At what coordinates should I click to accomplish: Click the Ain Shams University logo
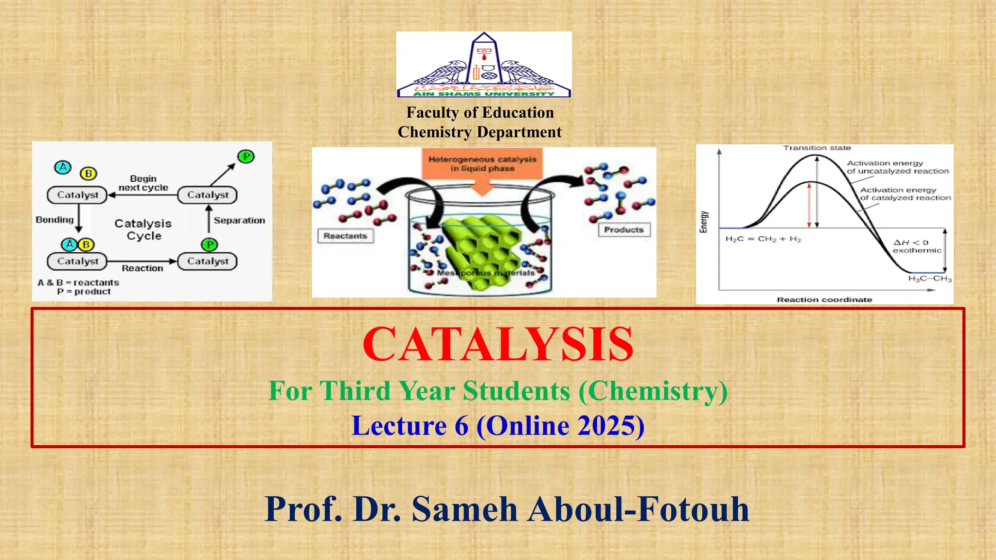coord(484,65)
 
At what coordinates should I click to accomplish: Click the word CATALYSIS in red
coord(498,344)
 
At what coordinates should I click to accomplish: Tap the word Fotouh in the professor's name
coord(694,509)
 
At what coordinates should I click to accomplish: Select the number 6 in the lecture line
coord(462,426)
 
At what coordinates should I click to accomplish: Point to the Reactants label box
coord(345,236)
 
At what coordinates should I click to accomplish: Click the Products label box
coord(623,230)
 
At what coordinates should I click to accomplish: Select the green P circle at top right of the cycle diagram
coord(246,157)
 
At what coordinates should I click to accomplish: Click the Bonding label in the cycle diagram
coord(54,220)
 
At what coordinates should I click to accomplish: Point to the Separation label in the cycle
coord(239,220)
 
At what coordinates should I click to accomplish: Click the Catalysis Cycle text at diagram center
coord(143,229)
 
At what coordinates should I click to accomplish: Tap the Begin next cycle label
coord(143,183)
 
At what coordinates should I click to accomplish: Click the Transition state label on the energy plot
coord(817,148)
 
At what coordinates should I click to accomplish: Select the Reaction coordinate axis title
coord(824,299)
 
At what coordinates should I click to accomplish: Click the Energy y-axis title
coord(704,222)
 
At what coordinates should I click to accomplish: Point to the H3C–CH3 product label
coord(929,279)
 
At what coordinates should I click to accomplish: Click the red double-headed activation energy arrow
coord(809,204)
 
